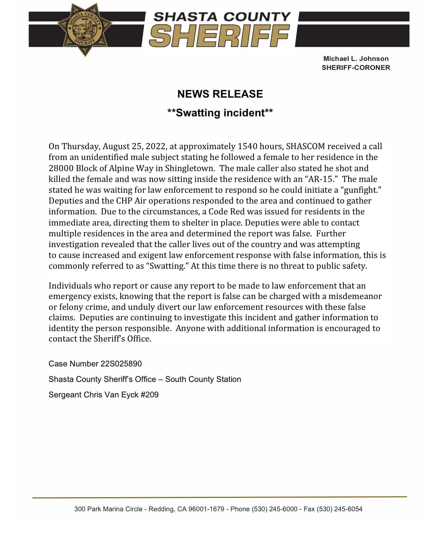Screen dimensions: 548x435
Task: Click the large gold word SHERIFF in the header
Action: point(219,36)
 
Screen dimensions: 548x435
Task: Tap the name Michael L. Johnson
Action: point(356,58)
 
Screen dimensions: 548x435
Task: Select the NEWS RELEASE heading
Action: point(220,94)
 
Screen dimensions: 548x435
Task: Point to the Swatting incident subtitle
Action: point(220,113)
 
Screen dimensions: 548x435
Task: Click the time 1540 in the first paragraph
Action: point(247,146)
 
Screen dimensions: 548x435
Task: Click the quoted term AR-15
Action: point(320,179)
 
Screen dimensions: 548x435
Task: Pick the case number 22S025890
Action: point(121,364)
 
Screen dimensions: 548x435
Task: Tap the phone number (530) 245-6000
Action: point(274,509)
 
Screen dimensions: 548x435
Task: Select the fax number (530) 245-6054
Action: point(339,509)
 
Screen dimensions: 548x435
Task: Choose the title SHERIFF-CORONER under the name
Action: point(356,68)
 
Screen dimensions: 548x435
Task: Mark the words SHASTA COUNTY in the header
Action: point(222,17)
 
